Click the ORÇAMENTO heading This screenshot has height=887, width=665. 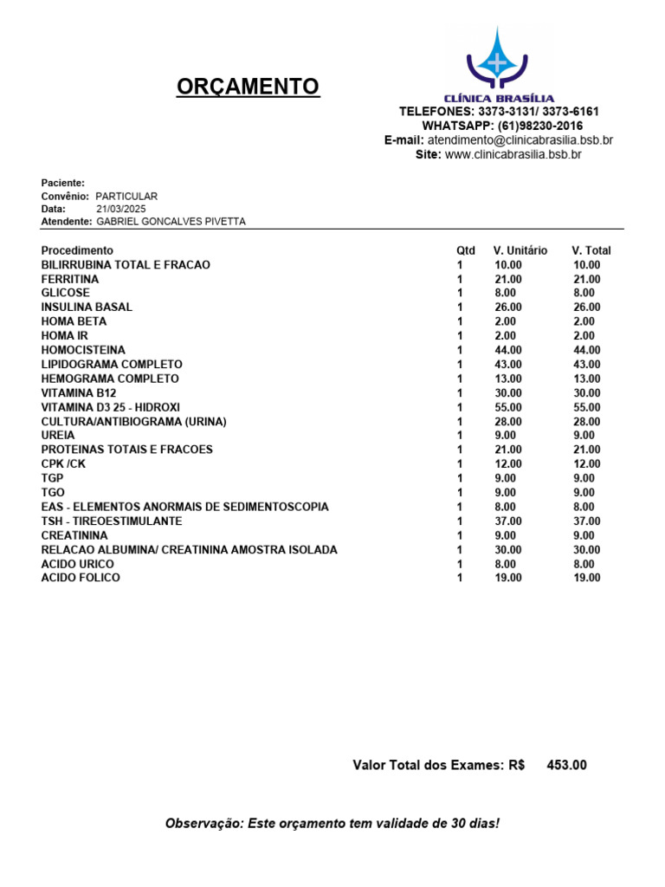[x=248, y=87]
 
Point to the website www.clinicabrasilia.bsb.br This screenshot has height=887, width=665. [x=513, y=154]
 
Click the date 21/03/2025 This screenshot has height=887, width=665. [x=122, y=209]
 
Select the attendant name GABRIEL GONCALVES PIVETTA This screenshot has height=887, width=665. [x=171, y=222]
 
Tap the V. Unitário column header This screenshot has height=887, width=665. [x=520, y=250]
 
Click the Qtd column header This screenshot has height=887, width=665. [x=466, y=250]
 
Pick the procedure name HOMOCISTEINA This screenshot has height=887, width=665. [x=83, y=350]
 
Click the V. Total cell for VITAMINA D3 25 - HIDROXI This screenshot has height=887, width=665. [x=586, y=407]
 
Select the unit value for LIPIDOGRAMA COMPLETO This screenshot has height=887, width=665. [x=508, y=365]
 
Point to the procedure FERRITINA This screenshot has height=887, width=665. [x=70, y=279]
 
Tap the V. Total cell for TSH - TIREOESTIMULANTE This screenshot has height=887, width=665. [x=586, y=521]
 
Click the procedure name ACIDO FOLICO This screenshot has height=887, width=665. [x=81, y=578]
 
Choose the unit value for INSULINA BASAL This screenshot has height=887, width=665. [x=508, y=308]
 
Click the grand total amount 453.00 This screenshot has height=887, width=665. [x=566, y=765]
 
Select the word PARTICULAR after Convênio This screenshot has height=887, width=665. [x=126, y=197]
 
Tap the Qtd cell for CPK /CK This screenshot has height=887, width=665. [x=460, y=464]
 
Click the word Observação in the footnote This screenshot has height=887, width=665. [x=203, y=823]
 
